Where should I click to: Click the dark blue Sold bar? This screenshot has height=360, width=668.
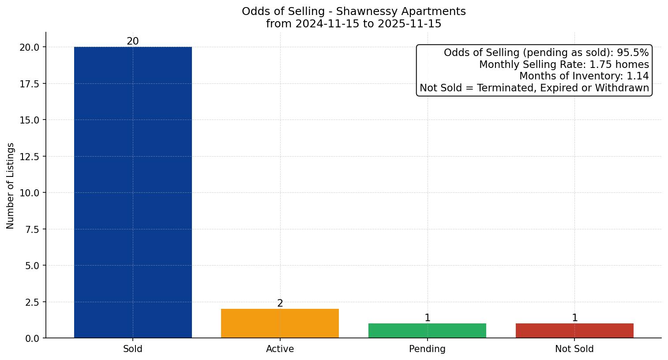tap(133, 192)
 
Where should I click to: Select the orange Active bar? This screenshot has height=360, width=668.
tap(280, 323)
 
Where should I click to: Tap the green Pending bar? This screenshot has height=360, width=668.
tap(427, 330)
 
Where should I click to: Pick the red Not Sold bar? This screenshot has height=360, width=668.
tap(574, 330)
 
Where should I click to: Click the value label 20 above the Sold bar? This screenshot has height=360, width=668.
tap(133, 41)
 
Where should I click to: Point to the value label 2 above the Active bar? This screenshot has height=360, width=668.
tap(280, 304)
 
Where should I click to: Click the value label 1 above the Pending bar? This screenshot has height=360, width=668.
tap(427, 318)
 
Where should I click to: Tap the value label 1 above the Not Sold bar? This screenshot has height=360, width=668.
tap(574, 318)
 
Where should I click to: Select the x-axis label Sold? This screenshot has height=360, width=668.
tap(133, 349)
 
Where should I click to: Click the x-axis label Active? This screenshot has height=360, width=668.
tap(280, 349)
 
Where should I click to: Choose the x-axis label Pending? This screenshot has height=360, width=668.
tap(427, 349)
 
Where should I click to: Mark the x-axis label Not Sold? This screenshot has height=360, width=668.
tap(574, 349)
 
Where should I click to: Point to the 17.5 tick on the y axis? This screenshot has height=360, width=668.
tap(30, 84)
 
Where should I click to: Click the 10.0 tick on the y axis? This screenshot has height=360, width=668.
tap(30, 193)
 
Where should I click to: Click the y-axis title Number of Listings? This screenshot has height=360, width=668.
tap(11, 185)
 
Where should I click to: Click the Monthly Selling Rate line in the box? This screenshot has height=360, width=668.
tap(564, 64)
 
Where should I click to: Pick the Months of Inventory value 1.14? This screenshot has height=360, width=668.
tap(638, 76)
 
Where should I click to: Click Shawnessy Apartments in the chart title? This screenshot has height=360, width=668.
tap(401, 11)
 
